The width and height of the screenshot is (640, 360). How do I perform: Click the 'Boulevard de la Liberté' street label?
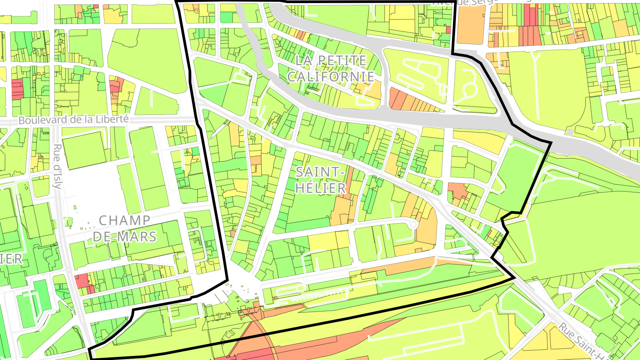[73, 120]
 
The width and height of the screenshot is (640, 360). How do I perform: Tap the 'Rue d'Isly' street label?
[57, 166]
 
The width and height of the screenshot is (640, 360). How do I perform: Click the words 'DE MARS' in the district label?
[124, 236]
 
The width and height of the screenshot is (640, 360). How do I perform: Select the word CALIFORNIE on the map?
[331, 76]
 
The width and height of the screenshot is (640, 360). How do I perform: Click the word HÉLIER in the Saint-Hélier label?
[320, 188]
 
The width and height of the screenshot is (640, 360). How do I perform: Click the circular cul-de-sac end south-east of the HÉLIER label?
[413, 224]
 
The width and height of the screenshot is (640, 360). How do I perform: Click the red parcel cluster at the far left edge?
[17, 89]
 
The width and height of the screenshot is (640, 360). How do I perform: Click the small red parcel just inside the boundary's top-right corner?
[448, 30]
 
